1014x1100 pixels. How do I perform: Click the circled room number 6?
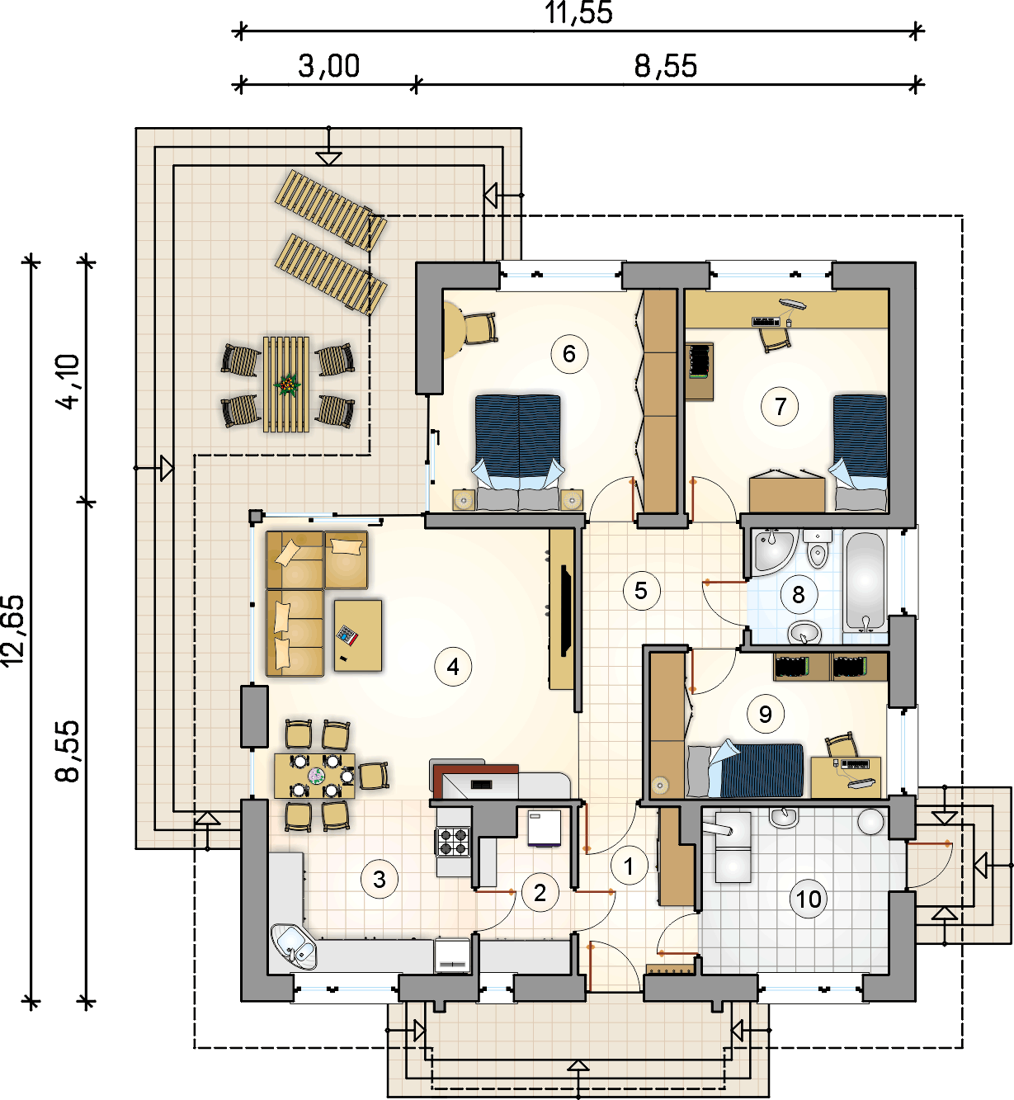tap(569, 354)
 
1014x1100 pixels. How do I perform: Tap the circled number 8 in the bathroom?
tap(798, 595)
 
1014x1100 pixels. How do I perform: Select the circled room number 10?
tap(809, 899)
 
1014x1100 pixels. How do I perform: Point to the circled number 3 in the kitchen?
tap(380, 879)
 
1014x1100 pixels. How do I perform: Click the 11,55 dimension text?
tap(578, 12)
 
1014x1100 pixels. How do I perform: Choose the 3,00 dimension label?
tap(329, 65)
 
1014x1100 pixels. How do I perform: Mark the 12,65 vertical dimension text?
tap(13, 630)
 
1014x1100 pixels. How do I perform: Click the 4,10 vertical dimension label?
tap(68, 382)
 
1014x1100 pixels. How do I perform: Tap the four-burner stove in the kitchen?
tap(453, 842)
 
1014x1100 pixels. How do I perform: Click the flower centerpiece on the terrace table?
tap(287, 384)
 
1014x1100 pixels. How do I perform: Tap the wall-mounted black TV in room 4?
tap(566, 611)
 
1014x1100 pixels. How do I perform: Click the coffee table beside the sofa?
tap(358, 635)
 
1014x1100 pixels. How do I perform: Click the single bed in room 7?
tap(860, 452)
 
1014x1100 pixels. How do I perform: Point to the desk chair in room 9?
tap(842, 745)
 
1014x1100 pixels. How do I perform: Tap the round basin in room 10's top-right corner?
tap(871, 822)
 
